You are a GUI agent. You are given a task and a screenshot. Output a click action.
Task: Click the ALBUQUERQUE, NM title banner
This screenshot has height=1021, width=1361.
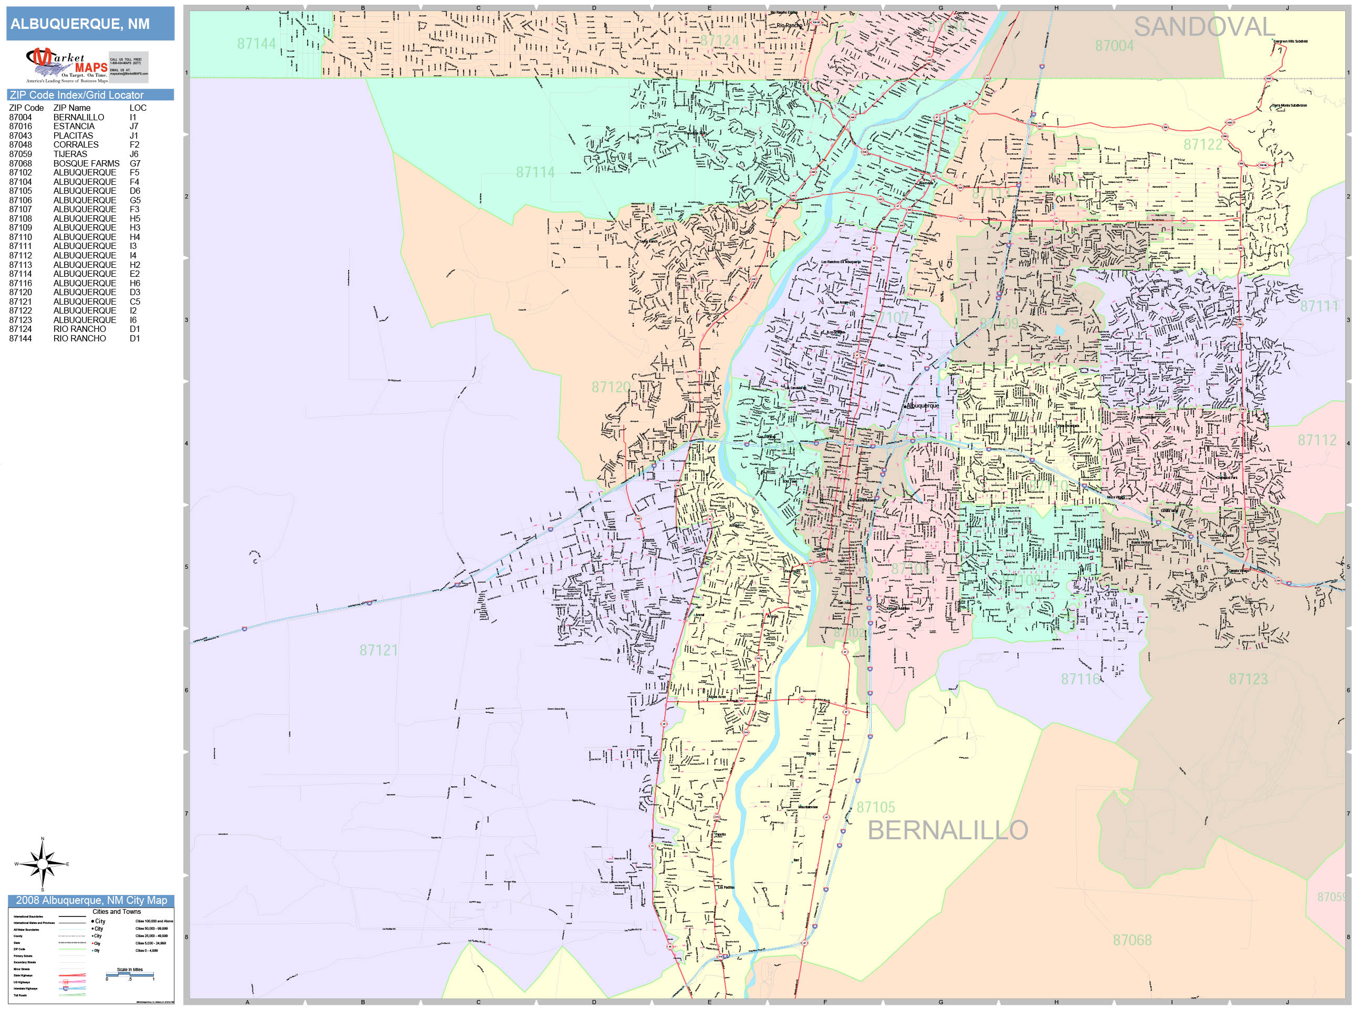(80, 24)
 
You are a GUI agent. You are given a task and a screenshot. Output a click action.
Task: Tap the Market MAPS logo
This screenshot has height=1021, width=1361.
(67, 65)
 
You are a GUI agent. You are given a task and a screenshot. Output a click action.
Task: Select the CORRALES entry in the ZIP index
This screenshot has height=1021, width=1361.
(76, 144)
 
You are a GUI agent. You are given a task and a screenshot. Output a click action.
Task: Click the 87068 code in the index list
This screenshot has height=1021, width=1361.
(20, 163)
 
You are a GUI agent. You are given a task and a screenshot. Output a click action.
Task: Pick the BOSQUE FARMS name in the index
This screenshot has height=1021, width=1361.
(86, 163)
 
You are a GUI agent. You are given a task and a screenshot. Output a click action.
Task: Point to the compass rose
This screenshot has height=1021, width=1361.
(42, 864)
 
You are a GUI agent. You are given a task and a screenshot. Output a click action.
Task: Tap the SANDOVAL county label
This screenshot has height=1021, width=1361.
(1203, 27)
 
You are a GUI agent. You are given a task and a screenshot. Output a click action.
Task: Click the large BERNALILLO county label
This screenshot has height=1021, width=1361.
(948, 830)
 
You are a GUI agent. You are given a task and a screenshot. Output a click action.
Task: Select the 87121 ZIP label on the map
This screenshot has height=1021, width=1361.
(379, 650)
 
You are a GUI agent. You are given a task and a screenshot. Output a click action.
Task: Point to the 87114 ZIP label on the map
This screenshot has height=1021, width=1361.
(535, 172)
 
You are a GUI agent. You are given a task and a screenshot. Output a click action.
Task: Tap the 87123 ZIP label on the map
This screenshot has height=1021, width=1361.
(1248, 679)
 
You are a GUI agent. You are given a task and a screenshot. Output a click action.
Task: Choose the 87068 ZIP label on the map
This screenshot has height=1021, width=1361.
(1132, 940)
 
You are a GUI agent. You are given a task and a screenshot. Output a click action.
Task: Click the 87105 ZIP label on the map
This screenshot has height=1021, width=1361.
(875, 807)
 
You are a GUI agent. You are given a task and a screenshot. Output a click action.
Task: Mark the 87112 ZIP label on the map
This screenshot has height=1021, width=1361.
(1317, 440)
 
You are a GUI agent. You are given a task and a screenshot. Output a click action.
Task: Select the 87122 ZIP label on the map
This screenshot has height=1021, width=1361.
(1203, 144)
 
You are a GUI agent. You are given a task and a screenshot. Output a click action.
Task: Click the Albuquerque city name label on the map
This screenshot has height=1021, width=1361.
(923, 405)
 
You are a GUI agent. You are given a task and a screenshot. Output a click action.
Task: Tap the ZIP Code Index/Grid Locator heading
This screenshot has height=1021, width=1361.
(76, 95)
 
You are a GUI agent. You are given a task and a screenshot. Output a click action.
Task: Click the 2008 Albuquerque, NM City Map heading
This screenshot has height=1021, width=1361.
(91, 900)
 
